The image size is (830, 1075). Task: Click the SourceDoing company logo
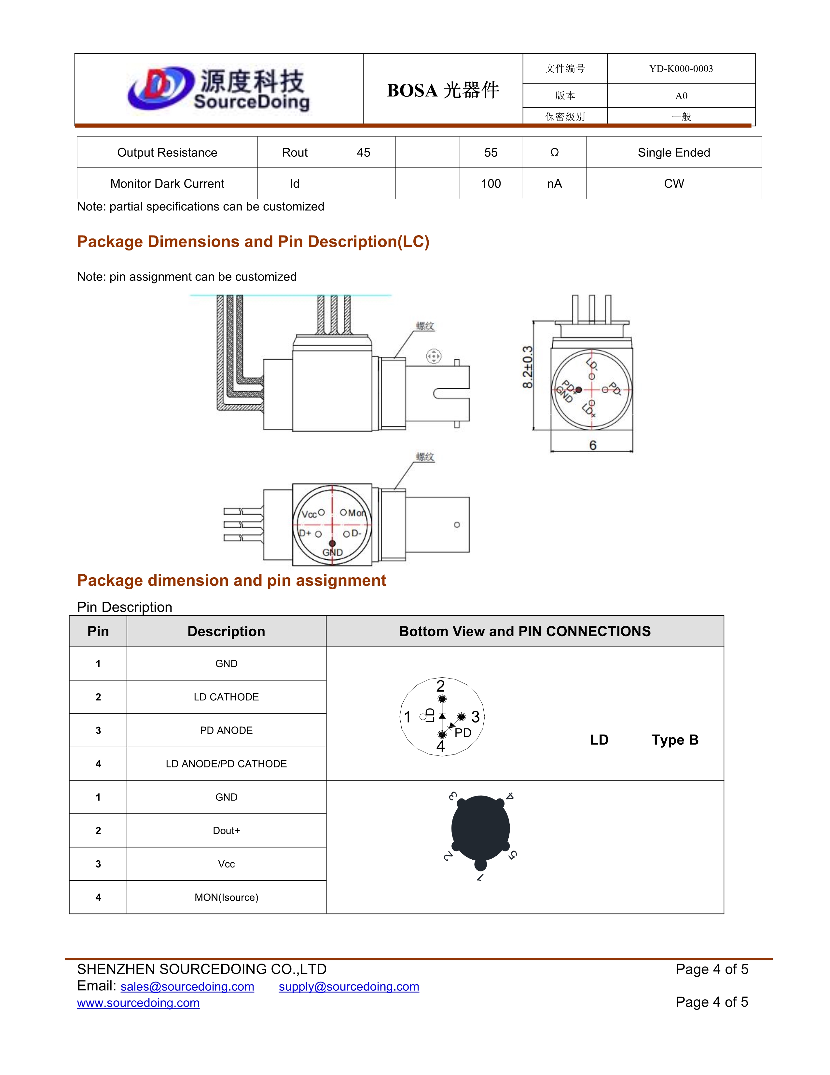pos(219,89)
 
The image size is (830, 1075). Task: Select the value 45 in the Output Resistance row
pos(363,152)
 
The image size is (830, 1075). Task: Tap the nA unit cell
pos(554,184)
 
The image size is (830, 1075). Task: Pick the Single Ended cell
pos(674,152)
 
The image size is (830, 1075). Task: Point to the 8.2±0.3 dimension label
pos(527,367)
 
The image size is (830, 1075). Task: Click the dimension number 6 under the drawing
pos(592,445)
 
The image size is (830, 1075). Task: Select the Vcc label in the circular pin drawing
pos(309,514)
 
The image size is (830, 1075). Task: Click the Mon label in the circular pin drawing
pos(356,513)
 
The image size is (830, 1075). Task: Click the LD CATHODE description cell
pos(226,697)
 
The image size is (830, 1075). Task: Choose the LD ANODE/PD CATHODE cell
pos(226,764)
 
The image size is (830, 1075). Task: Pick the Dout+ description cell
pos(226,831)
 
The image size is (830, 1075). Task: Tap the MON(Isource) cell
pos(226,897)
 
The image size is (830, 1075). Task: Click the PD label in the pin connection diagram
pos(463,733)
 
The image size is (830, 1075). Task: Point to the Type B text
pos(675,740)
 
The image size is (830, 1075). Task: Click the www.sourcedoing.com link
pos(138,1003)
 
